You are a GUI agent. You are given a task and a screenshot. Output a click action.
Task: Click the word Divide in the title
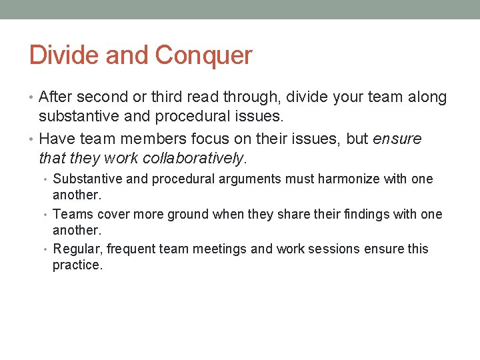[59, 55]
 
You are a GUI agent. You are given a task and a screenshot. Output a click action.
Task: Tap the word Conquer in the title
[204, 56]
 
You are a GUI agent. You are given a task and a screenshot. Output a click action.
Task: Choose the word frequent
[125, 249]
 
